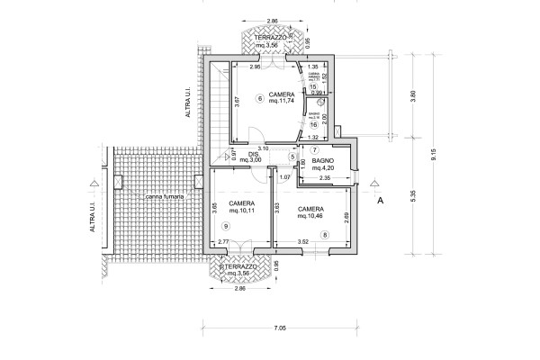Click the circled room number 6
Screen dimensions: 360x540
[259, 98]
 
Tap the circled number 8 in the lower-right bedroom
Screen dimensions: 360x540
[325, 235]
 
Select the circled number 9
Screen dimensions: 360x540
[224, 226]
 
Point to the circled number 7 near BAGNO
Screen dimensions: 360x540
[316, 150]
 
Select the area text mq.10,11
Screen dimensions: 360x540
[241, 214]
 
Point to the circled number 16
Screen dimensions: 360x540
[314, 125]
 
